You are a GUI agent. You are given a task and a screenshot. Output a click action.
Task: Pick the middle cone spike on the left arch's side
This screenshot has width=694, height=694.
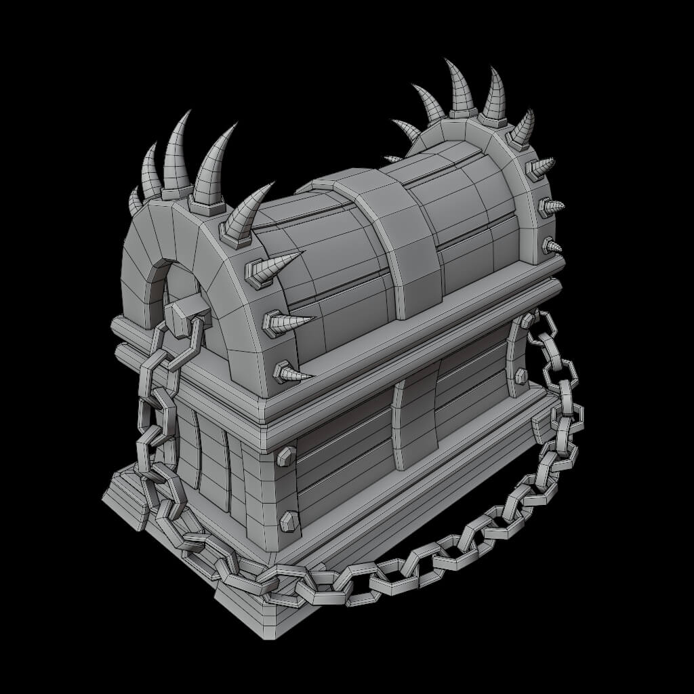[x=285, y=321]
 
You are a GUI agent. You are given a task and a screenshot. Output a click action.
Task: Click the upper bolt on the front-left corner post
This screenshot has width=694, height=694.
[x=286, y=455]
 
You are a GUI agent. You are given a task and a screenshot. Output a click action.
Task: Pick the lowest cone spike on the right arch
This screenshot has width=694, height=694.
[x=550, y=245]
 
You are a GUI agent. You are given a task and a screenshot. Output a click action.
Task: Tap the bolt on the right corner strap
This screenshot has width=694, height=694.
[x=521, y=376]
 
